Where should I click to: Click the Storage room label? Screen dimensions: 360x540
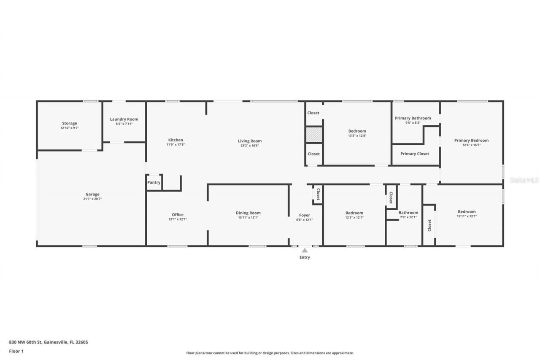click(70, 123)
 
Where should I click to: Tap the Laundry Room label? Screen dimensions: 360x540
click(124, 119)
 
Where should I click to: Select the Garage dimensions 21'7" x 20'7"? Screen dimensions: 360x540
click(92, 199)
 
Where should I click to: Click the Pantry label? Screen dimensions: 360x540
click(154, 182)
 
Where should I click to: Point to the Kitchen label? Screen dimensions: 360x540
click(175, 140)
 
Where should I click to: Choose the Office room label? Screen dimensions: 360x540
click(178, 214)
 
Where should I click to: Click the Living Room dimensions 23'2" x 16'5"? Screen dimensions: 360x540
click(250, 146)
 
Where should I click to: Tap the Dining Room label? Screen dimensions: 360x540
click(248, 213)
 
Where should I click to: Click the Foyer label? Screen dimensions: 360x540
click(305, 215)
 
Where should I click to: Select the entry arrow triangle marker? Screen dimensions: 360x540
click(305, 250)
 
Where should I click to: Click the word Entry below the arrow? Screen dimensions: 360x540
click(305, 257)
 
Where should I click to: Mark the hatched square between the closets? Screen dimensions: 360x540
click(314, 135)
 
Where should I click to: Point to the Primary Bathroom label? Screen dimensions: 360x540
click(413, 118)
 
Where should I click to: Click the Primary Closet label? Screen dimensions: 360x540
click(415, 154)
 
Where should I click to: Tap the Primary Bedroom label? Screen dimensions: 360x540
click(471, 140)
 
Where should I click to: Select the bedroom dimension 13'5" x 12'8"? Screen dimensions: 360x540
click(357, 135)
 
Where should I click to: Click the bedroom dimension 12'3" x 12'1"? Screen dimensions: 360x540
click(354, 217)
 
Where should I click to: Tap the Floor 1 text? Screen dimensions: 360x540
click(16, 351)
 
